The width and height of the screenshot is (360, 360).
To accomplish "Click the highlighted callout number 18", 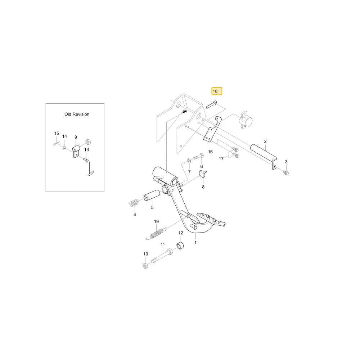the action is click(215, 91).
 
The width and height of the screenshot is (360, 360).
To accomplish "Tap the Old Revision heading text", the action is click(77, 114).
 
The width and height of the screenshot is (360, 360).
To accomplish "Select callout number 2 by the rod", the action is click(265, 141).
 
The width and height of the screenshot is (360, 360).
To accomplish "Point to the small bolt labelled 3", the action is click(286, 173).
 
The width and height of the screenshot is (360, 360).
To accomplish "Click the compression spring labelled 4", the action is click(134, 203).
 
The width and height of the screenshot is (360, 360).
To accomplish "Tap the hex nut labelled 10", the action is click(145, 266).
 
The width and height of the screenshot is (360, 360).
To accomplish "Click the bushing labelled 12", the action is click(180, 246).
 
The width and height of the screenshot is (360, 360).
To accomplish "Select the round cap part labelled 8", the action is click(203, 174).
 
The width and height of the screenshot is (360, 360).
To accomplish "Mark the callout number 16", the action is click(210, 152).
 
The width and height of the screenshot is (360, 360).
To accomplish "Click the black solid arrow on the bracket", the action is click(184, 112).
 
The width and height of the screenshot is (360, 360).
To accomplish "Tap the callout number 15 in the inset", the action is click(57, 134).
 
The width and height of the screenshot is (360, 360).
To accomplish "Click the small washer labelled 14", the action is click(64, 148).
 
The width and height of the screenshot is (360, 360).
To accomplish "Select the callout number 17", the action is click(221, 159).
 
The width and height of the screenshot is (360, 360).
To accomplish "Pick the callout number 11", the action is click(163, 244).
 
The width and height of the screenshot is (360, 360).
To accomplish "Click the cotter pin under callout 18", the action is click(211, 104).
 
